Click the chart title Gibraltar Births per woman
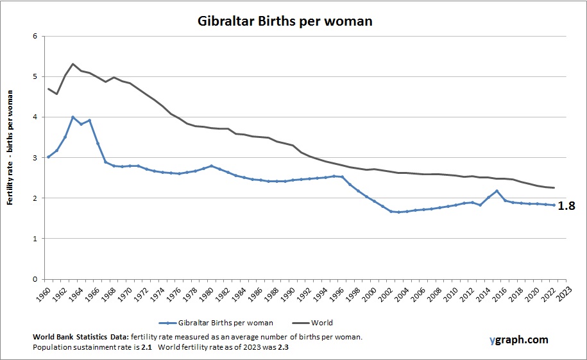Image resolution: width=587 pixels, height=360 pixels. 284,21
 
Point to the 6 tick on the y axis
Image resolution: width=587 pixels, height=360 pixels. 35,37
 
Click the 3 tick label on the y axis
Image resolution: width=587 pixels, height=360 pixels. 35,158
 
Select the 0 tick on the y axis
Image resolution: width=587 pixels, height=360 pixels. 35,279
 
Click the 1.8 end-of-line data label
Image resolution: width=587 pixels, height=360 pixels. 566,206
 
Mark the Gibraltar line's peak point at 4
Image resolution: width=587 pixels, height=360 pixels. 73,117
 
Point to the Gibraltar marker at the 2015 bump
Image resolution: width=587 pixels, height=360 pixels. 497,191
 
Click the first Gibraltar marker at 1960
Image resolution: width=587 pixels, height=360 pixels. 49,157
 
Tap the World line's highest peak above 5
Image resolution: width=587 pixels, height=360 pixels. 73,64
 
